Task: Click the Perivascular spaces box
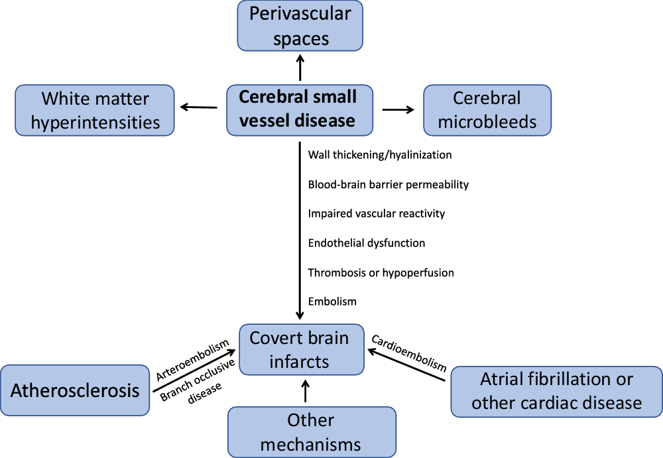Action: click(300, 27)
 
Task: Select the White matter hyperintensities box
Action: click(95, 111)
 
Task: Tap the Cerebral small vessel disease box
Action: click(297, 109)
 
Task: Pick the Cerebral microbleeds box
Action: click(487, 110)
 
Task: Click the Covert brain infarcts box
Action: click(302, 349)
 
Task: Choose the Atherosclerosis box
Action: click(75, 390)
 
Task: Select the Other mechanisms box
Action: click(312, 431)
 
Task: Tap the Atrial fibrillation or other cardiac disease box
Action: click(556, 391)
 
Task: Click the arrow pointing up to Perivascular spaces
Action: click(300, 67)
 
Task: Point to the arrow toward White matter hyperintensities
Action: click(198, 107)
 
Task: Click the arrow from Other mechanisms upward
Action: click(305, 390)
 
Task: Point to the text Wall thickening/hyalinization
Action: click(380, 155)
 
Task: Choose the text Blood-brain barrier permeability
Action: click(389, 184)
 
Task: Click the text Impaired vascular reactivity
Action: click(377, 213)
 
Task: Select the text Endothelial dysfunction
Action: click(367, 243)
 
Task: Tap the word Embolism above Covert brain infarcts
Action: click(332, 302)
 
